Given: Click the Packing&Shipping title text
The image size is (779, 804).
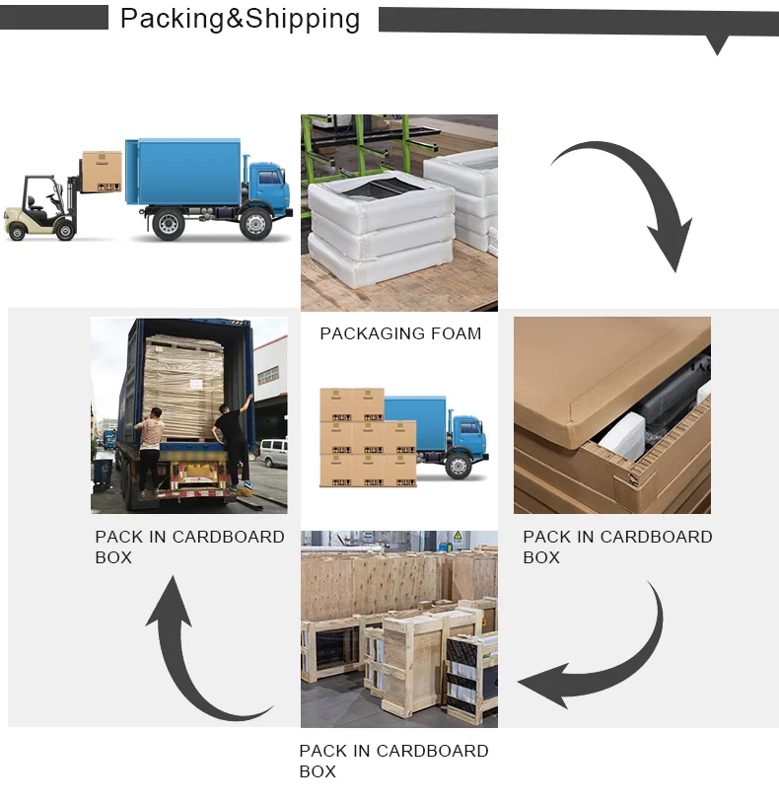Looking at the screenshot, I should pyautogui.click(x=240, y=19).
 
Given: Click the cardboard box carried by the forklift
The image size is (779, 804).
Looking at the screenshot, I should pyautogui.click(x=102, y=171).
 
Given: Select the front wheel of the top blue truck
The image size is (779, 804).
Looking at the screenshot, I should pyautogui.click(x=255, y=225).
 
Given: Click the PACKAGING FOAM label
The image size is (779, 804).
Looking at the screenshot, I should pyautogui.click(x=400, y=333).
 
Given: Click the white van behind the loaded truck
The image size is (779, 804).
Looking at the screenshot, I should pyautogui.click(x=272, y=453).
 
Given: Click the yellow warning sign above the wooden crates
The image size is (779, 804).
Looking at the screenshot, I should pyautogui.click(x=458, y=537).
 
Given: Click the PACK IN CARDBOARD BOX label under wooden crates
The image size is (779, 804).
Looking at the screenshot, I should pyautogui.click(x=393, y=761).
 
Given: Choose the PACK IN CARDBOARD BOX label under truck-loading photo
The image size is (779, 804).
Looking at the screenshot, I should pyautogui.click(x=189, y=547).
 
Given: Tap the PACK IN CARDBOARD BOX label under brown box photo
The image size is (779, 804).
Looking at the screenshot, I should pyautogui.click(x=617, y=547).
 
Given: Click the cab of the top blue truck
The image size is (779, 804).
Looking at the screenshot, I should pyautogui.click(x=267, y=187).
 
